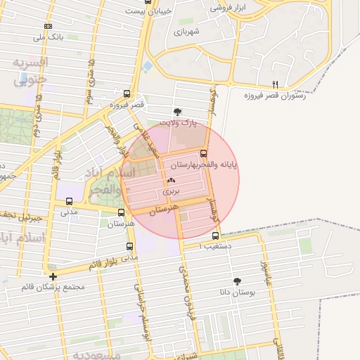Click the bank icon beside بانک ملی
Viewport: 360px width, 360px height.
(48, 26)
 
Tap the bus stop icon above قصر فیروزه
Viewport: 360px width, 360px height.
(127, 94)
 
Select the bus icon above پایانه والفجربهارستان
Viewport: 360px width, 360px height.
(204, 153)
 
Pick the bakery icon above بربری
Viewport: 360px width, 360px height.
(172, 181)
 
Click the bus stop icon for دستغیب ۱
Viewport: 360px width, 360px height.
(215, 236)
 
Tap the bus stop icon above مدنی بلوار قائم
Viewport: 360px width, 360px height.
(129, 246)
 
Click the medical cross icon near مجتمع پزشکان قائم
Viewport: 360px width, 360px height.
(53, 276)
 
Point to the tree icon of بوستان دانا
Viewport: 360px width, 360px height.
(236, 281)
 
